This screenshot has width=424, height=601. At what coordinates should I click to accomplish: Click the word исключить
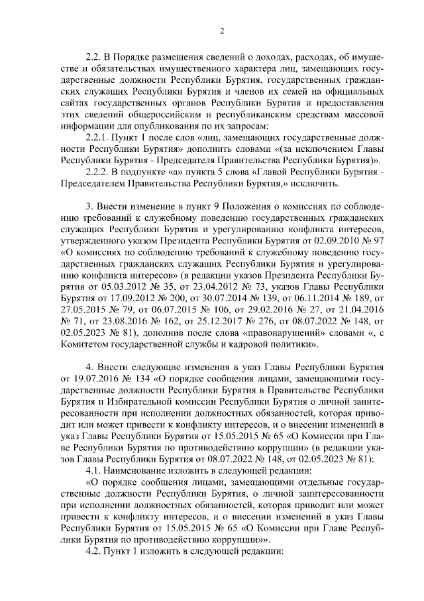pyautogui.click(x=315, y=184)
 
